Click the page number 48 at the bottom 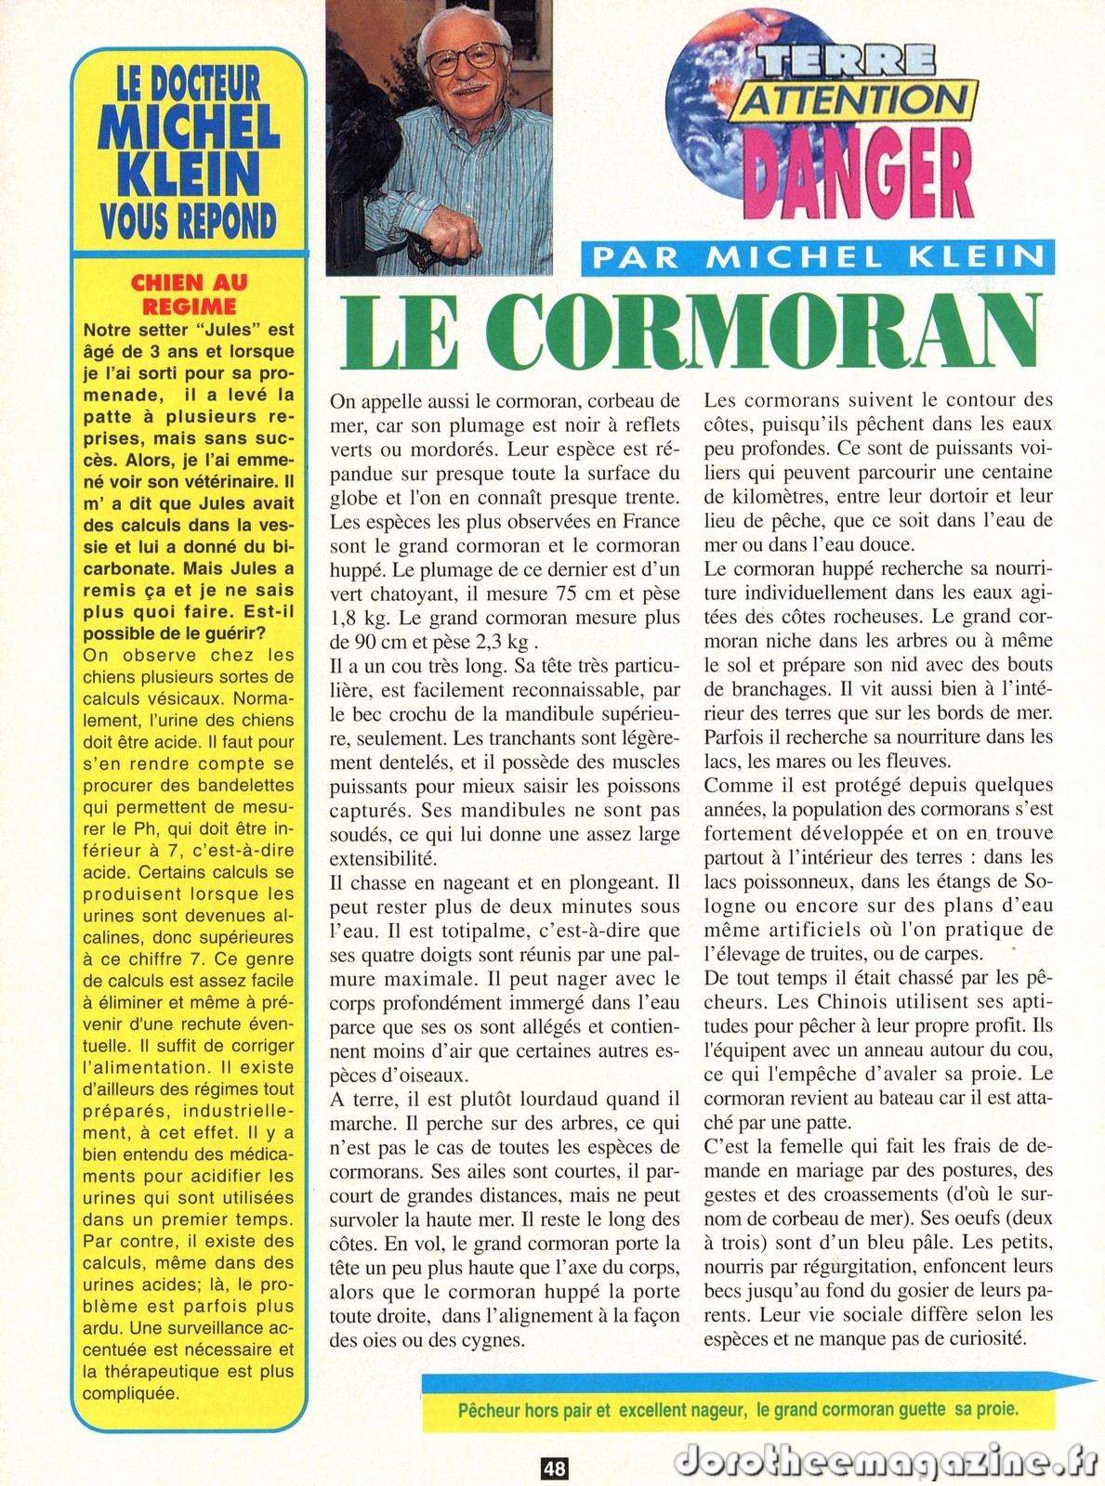pos(554,1468)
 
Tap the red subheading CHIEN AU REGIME pos(190,293)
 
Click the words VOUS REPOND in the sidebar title pos(190,221)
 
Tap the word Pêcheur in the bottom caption pos(488,1410)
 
